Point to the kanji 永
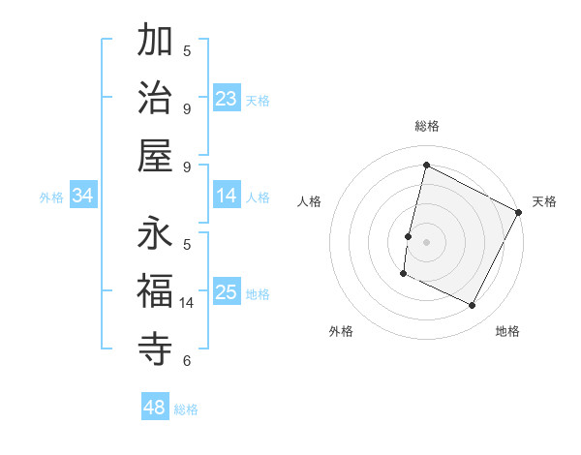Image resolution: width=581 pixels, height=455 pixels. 155,233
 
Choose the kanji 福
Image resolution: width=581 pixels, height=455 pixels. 155,290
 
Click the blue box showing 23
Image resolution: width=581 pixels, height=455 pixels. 227,99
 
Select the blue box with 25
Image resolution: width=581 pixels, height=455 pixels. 227,292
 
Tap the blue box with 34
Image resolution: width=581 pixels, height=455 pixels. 83,196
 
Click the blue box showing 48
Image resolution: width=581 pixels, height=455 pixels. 155,408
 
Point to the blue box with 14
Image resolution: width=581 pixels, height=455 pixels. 227,196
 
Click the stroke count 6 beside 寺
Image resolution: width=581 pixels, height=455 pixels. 187,361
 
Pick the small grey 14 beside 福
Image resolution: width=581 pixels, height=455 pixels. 188,303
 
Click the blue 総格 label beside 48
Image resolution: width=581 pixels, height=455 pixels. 186,409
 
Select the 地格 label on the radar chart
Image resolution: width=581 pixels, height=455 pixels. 507,331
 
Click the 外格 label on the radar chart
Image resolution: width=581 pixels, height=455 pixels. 341,331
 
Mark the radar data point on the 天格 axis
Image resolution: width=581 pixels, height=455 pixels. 519,212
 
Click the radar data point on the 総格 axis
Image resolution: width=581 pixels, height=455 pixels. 426,166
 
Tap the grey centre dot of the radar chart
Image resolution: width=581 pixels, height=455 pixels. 426,241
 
